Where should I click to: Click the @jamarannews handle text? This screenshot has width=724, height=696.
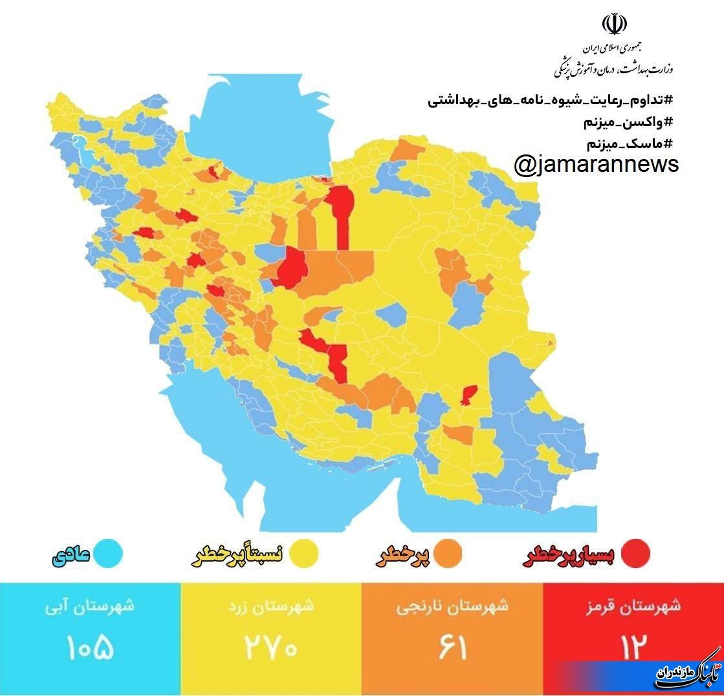[596, 165]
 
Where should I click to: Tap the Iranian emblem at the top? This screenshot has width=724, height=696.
[614, 25]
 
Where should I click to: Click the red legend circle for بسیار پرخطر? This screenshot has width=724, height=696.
[635, 553]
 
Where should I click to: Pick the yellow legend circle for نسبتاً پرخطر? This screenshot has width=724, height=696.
[303, 553]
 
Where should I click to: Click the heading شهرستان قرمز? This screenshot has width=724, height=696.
[633, 607]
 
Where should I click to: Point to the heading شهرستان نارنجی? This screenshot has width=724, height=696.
[452, 607]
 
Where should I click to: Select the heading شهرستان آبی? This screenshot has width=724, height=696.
[90, 607]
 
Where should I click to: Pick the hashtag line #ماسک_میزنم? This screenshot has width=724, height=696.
[628, 143]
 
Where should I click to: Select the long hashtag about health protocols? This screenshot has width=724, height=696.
[551, 101]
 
